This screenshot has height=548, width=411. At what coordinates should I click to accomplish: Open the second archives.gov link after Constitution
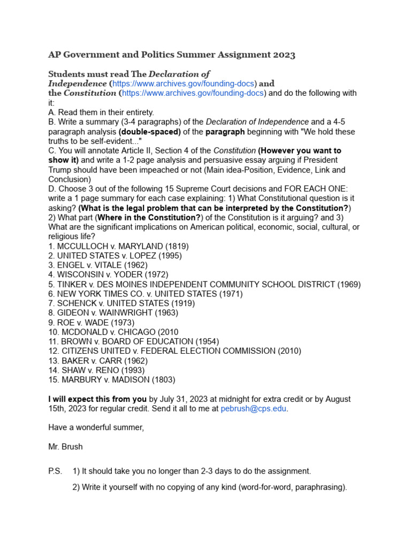point(193,93)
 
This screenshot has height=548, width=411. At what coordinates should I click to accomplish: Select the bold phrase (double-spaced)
point(150,132)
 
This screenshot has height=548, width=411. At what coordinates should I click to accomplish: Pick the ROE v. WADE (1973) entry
point(91,323)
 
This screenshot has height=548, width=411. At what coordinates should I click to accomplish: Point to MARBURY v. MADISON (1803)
point(111,380)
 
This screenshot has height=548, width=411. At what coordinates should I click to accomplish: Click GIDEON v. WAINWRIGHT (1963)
point(113,313)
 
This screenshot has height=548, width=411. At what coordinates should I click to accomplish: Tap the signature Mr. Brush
point(65,446)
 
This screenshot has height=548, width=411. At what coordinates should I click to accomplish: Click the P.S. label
point(55,471)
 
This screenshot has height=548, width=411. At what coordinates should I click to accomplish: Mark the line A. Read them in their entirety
point(101,112)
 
